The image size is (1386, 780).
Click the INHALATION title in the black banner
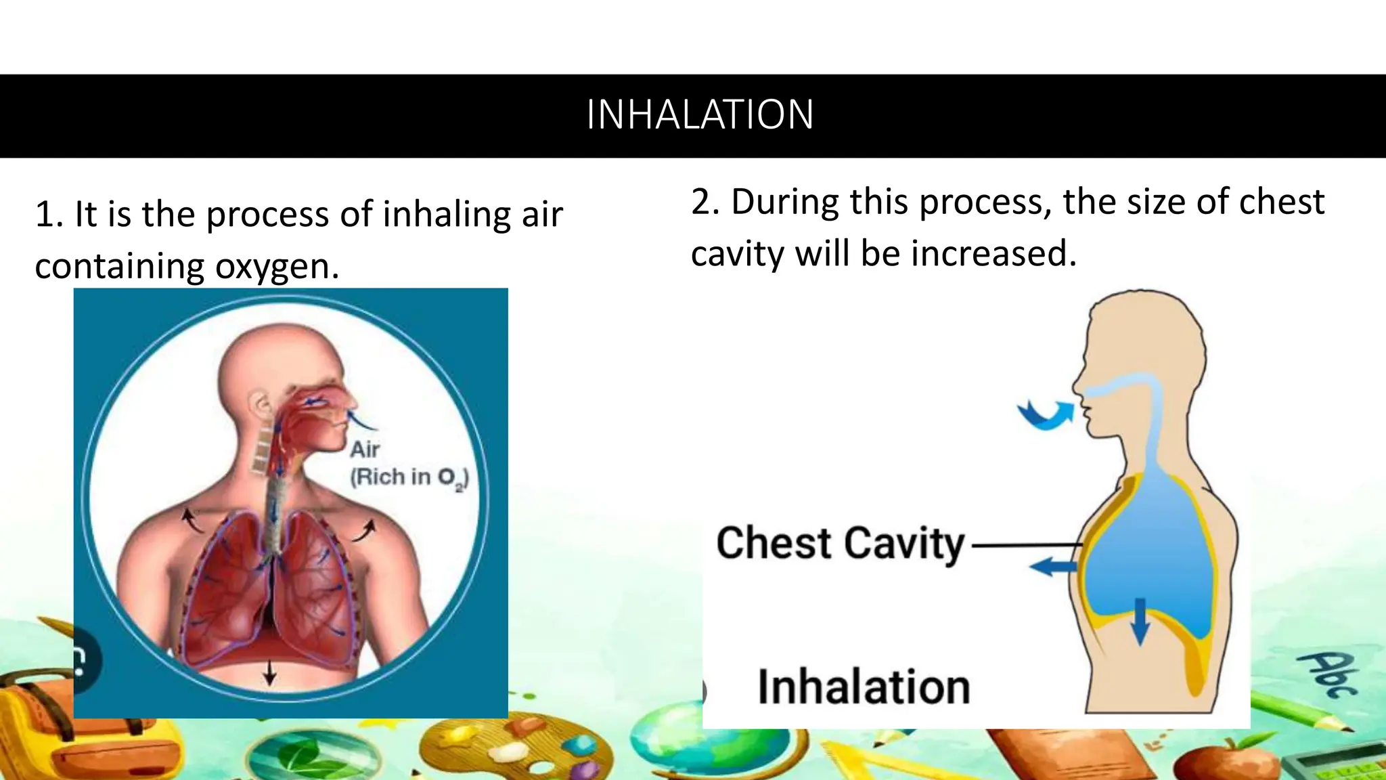click(699, 115)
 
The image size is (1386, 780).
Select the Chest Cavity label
click(840, 544)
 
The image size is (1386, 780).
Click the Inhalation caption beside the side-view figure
click(864, 687)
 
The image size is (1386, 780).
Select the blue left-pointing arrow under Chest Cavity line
click(1053, 566)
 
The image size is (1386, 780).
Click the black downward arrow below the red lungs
click(269, 672)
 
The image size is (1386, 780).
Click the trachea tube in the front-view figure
click(274, 515)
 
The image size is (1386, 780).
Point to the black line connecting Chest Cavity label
click(1025, 544)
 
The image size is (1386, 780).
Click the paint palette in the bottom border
click(514, 752)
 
